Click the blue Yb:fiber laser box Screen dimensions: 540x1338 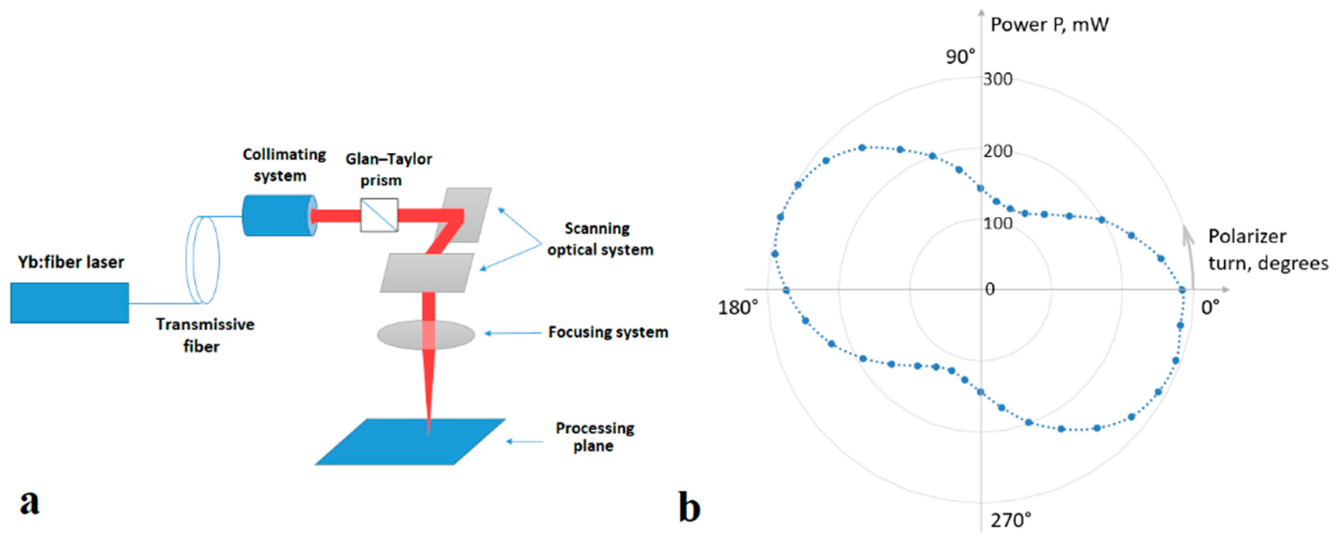point(70,303)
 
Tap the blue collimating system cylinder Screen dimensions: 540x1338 point(278,216)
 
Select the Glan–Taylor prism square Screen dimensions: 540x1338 point(379,215)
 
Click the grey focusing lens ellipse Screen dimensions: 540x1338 point(426,335)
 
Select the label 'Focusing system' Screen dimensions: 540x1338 point(608,332)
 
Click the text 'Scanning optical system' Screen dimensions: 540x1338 point(600,239)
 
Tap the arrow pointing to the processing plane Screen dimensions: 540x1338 point(524,442)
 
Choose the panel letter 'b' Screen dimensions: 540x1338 point(689,508)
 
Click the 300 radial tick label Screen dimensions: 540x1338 point(998,79)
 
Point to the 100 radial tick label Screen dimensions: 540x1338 point(998,224)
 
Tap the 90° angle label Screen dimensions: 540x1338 point(960,57)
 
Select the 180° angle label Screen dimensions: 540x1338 point(737,307)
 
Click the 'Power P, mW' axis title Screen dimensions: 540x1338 point(1049,25)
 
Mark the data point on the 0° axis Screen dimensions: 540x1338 point(1182,290)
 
